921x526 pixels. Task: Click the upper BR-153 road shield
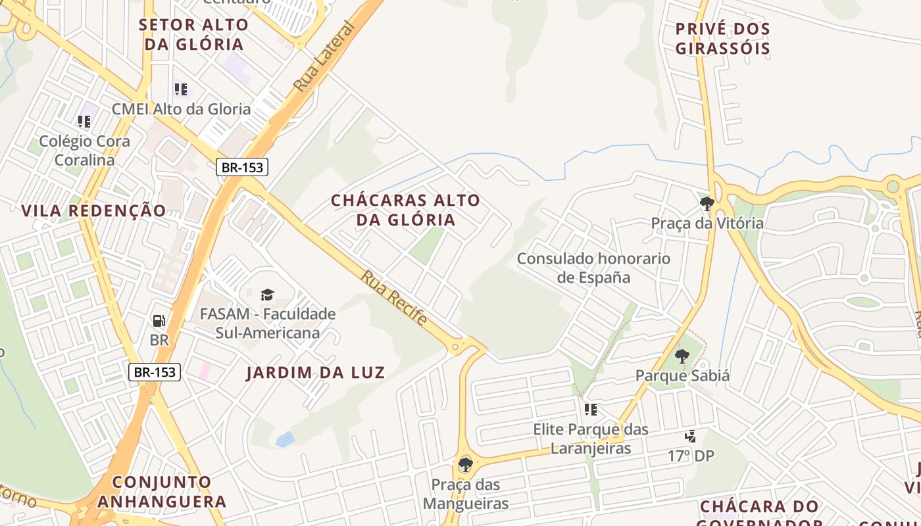(242, 167)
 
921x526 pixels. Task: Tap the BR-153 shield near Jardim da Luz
(155, 372)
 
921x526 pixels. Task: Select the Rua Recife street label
(393, 298)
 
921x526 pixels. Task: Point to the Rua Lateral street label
(324, 57)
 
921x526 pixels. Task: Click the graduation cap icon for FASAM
(267, 295)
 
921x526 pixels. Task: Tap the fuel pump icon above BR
(159, 321)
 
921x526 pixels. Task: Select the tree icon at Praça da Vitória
(707, 203)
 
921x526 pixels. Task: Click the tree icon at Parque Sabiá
(682, 356)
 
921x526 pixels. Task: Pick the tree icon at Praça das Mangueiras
(466, 465)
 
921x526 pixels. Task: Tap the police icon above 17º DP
(690, 436)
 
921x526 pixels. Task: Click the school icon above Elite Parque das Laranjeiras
(591, 410)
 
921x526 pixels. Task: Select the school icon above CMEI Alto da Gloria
(181, 89)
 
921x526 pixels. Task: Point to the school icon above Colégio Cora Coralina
(84, 122)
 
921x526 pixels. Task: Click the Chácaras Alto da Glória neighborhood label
(405, 210)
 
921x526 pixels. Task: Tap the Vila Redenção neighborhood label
(93, 211)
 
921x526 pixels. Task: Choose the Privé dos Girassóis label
(722, 39)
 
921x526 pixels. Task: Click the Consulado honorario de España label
(593, 268)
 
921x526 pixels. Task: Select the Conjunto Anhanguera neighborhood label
(162, 492)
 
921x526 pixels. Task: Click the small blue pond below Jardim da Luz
(285, 439)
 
